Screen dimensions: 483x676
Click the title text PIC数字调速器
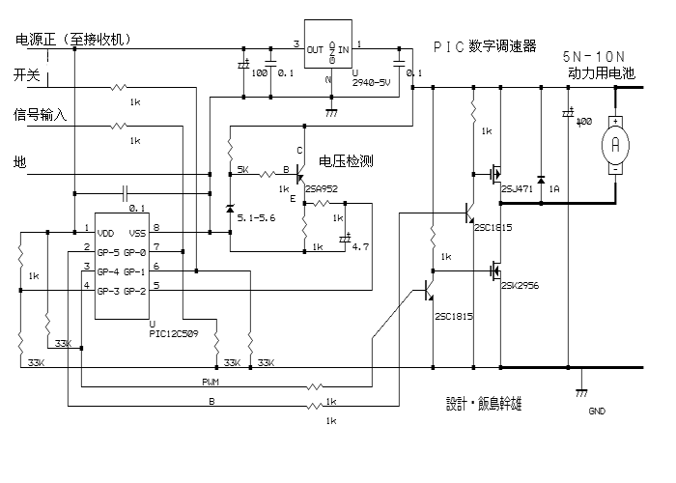pos(484,46)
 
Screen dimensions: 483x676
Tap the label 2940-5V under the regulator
pos(373,83)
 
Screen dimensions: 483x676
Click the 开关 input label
pos(26,74)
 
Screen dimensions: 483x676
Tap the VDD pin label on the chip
pos(107,233)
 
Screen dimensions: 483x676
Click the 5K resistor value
pos(243,169)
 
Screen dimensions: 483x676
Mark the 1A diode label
pos(554,189)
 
